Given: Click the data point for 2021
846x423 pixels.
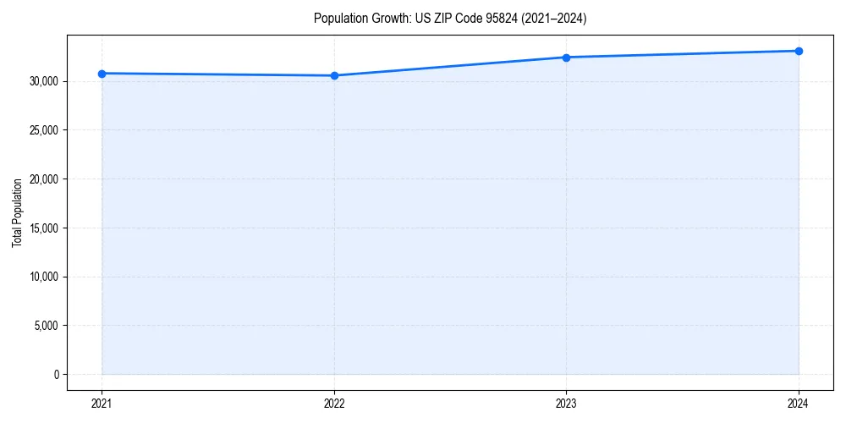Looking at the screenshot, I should [x=102, y=74].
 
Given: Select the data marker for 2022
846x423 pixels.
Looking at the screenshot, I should [x=334, y=75].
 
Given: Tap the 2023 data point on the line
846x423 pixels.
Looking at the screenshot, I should [x=566, y=58].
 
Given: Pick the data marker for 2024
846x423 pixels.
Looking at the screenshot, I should [x=799, y=51].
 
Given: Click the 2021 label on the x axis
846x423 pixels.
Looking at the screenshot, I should [x=102, y=403].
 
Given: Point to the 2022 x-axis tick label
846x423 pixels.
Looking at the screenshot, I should [x=334, y=403].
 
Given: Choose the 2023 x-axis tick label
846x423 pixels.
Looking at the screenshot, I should [x=566, y=403].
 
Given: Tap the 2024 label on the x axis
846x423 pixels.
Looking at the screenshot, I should [x=799, y=403].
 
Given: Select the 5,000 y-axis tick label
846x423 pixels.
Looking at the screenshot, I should [x=47, y=326].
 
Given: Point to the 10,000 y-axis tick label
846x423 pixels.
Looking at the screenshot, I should [x=45, y=277].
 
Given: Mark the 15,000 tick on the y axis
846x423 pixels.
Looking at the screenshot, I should [x=45, y=228].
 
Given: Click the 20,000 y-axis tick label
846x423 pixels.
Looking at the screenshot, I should [x=45, y=179].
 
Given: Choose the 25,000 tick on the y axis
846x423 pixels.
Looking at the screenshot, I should [x=45, y=130].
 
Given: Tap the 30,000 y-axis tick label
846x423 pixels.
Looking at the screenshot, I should [x=45, y=82].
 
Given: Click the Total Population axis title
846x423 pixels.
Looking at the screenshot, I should [x=18, y=212].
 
